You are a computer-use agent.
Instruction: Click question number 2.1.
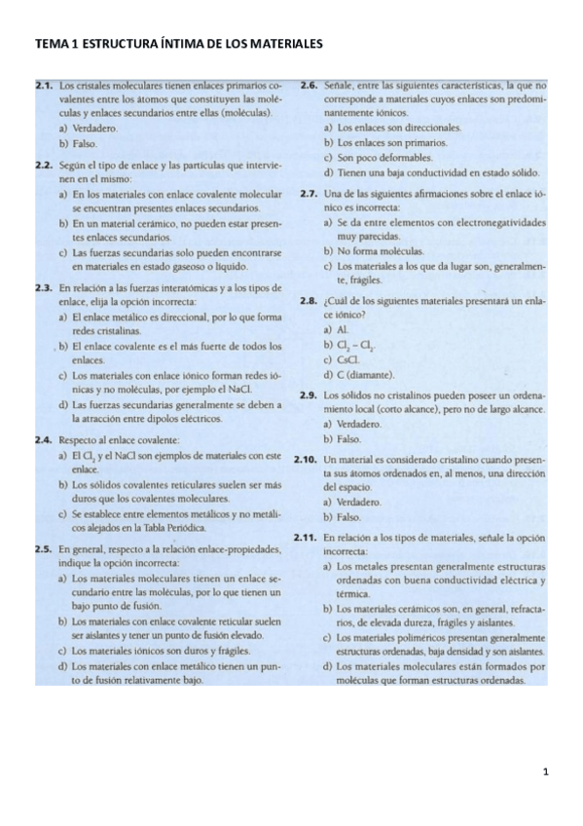coord(43,88)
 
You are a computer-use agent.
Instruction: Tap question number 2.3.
coord(43,287)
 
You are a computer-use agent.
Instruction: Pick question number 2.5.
coord(43,550)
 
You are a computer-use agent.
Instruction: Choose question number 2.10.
coord(307,460)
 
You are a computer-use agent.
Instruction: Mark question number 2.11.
coord(307,538)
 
